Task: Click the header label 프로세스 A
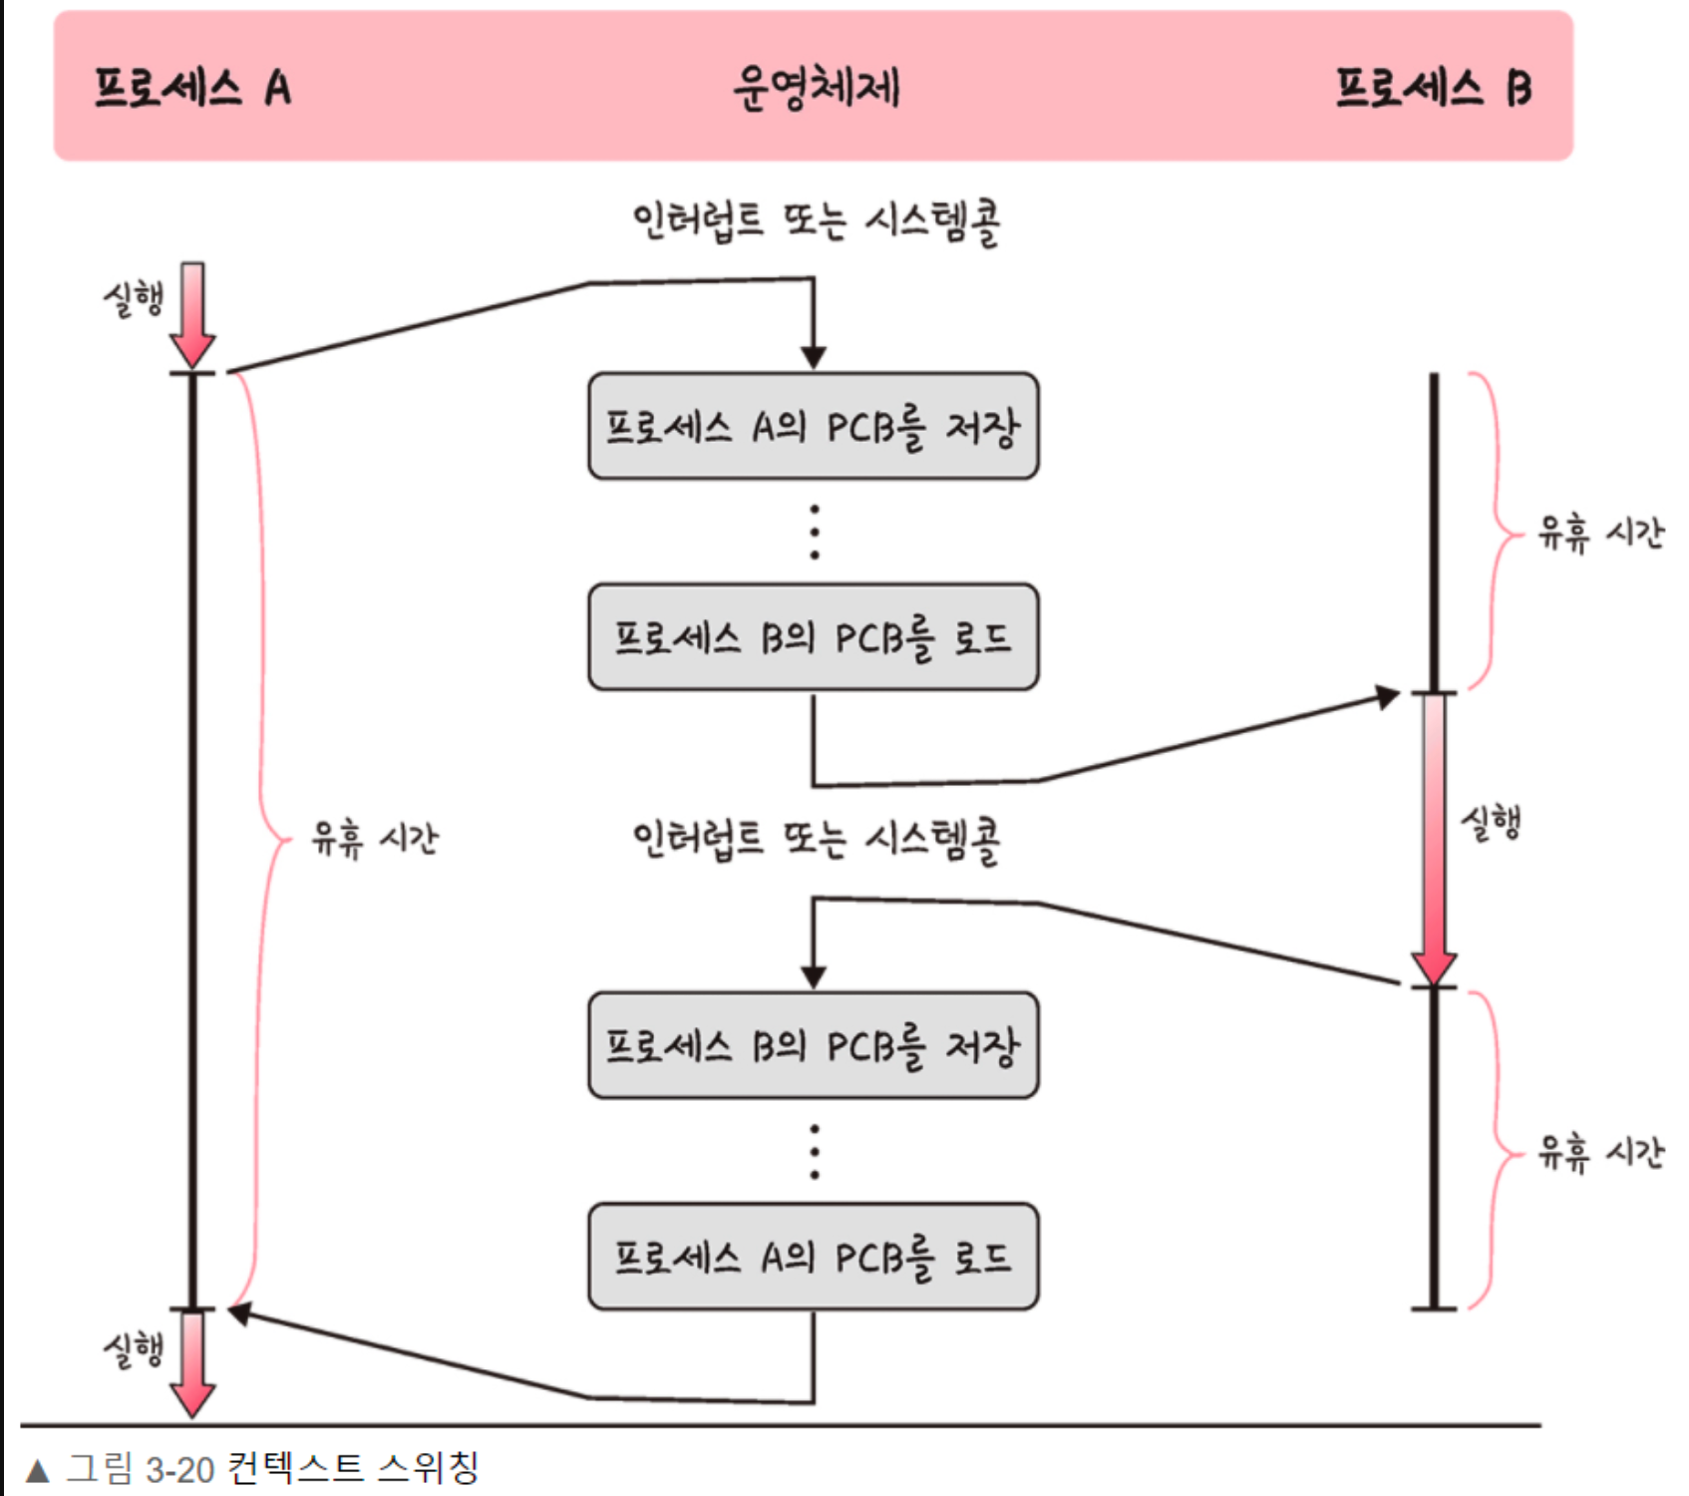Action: [192, 88]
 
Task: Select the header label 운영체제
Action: [816, 88]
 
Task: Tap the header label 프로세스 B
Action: [1433, 88]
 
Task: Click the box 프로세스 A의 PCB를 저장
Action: [813, 427]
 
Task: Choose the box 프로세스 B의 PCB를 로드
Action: [813, 637]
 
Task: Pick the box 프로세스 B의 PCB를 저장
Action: [813, 1045]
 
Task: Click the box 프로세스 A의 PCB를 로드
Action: [813, 1257]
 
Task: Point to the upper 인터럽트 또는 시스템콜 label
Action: [816, 221]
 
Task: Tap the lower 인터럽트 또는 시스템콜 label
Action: [816, 841]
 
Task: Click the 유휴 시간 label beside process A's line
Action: [374, 839]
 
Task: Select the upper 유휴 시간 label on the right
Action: [1599, 534]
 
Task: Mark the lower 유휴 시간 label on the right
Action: [1599, 1153]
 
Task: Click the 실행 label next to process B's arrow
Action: [1491, 824]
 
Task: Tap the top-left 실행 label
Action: [134, 298]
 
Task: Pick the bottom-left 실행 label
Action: [134, 1350]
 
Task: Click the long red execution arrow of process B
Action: [1434, 838]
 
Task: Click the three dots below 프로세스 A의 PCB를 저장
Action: [815, 532]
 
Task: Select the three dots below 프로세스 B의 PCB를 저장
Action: [815, 1152]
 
